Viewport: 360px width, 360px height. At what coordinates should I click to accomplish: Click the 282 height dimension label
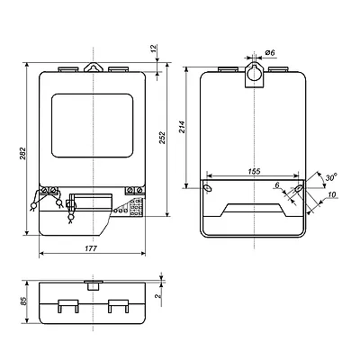tap(23, 153)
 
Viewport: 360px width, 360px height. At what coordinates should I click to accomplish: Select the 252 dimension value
tap(162, 138)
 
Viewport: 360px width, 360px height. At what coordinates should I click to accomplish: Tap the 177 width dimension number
tap(91, 248)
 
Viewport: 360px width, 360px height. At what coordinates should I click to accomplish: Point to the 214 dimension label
tap(183, 127)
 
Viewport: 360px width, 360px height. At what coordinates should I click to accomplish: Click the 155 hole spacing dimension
tap(254, 171)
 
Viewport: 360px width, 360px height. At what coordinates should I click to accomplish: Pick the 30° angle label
tap(331, 177)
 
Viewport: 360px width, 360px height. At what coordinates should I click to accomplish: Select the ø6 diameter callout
tap(270, 53)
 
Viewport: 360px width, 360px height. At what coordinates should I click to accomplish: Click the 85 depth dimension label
tap(23, 301)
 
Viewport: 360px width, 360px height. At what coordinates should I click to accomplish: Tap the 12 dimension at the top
tap(153, 48)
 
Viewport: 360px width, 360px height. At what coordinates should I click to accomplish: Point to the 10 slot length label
tap(331, 194)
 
